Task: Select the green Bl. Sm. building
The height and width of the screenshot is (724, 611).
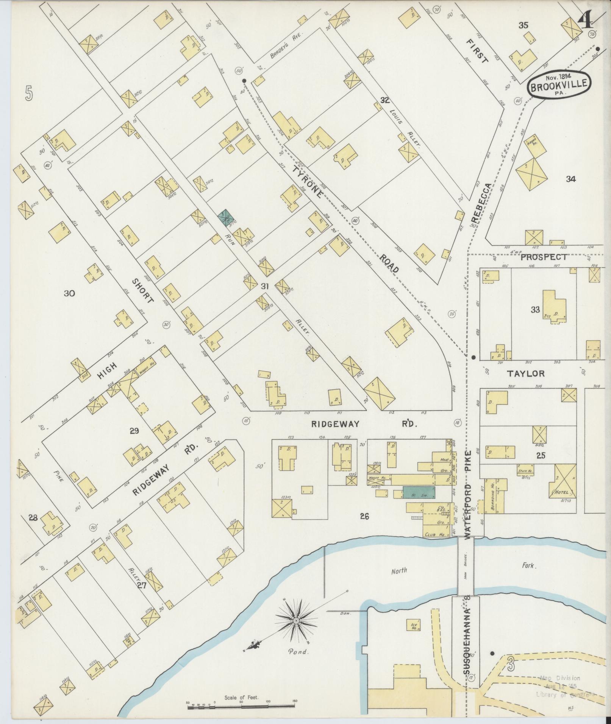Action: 419,492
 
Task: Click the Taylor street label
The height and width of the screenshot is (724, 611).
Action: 526,374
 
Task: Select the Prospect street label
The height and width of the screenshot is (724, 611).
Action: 544,257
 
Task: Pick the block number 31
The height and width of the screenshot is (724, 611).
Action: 265,286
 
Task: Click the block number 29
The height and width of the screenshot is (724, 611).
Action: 134,430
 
